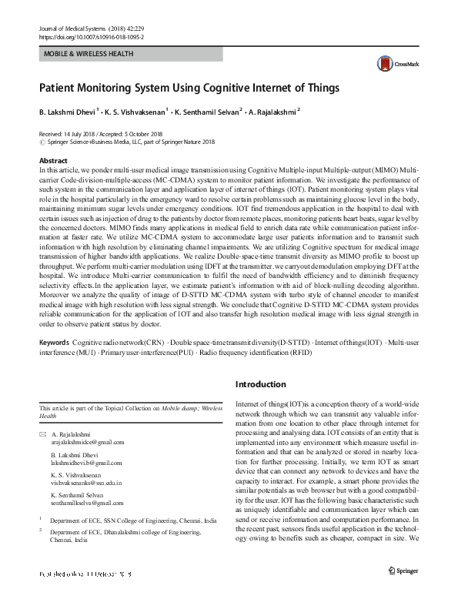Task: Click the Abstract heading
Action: pos(54,160)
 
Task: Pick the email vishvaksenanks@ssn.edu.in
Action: pos(87,483)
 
